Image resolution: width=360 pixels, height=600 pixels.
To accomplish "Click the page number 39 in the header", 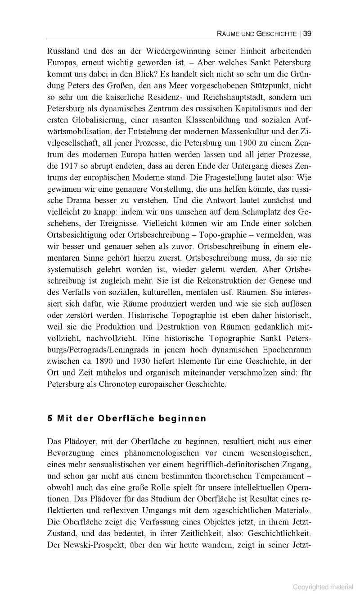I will tap(308, 33).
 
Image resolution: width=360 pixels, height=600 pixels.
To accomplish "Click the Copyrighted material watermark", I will tap(323, 586).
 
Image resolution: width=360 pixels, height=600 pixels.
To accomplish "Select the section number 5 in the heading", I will tap(49, 418).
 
